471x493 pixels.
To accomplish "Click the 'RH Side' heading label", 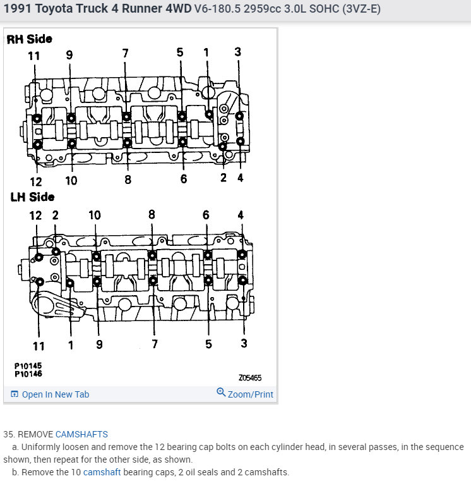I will pos(29,39).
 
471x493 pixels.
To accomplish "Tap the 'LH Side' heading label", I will pos(32,197).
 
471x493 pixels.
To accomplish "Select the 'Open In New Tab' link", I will pos(51,394).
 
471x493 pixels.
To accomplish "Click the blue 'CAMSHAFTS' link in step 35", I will pos(81,434).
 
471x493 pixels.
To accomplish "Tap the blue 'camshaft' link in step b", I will pos(102,472).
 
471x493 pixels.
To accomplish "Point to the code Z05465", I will pos(249,378).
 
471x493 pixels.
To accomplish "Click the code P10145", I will pos(28,366).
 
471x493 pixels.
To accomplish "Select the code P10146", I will pos(28,374).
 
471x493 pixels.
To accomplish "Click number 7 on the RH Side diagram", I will pos(125,53).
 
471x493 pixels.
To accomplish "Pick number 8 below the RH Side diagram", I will pos(128,179).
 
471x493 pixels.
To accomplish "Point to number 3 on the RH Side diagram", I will pos(237,52).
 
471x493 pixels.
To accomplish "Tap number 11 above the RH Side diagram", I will pos(33,56).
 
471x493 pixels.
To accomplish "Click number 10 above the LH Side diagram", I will pos(94,215).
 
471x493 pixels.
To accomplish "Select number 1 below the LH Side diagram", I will pos(71,345).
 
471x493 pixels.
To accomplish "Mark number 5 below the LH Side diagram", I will pos(208,345).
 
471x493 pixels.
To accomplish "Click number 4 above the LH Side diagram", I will pos(240,215).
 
